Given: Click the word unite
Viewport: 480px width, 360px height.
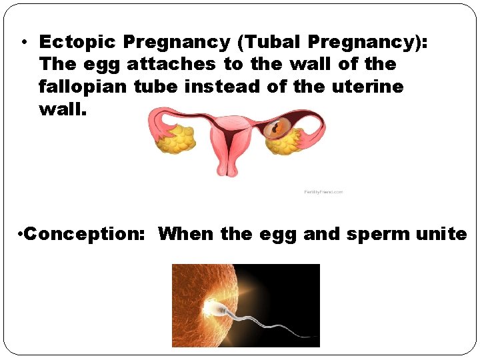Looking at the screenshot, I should (441, 234).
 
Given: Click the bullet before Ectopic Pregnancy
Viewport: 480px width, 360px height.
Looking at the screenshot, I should (23, 43).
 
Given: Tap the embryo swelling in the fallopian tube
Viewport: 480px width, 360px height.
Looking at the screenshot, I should (274, 127).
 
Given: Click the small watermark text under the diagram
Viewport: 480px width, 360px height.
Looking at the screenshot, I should (323, 192).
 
